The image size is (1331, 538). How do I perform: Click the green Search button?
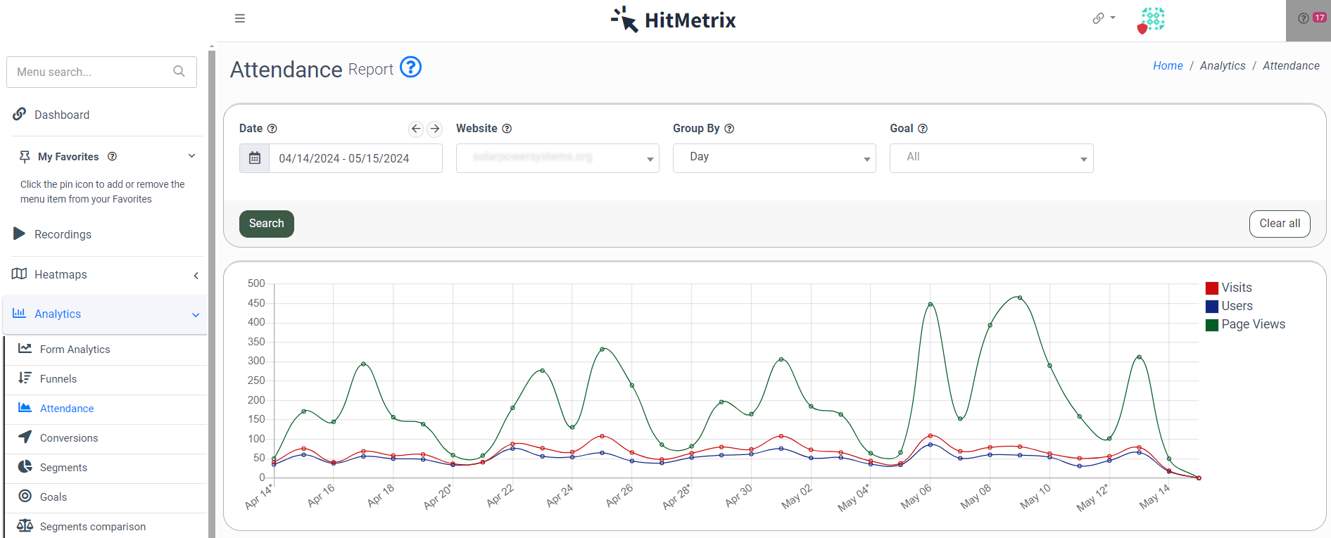point(266,224)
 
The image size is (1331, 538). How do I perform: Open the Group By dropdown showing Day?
point(774,158)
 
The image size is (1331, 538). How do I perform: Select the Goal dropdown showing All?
point(990,158)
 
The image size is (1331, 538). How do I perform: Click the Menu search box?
point(94,72)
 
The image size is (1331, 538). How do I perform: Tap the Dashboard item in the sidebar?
point(62,115)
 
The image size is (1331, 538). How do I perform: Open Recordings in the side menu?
point(63,234)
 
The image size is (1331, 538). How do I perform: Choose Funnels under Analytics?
point(58,378)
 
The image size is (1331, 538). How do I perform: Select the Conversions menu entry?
point(69,437)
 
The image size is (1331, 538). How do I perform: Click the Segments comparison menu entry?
point(93,526)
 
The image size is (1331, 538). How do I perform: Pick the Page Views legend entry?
point(1253,324)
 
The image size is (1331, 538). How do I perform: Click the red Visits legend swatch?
point(1212,288)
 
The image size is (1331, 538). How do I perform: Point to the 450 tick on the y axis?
point(256,303)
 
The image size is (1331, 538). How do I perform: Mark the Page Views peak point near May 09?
point(1020,298)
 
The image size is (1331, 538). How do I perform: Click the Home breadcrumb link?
point(1168,65)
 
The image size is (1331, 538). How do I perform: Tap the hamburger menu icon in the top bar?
point(240,18)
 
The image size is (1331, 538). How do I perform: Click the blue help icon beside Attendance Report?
point(410,68)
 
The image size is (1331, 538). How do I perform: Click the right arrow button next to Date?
point(435,129)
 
